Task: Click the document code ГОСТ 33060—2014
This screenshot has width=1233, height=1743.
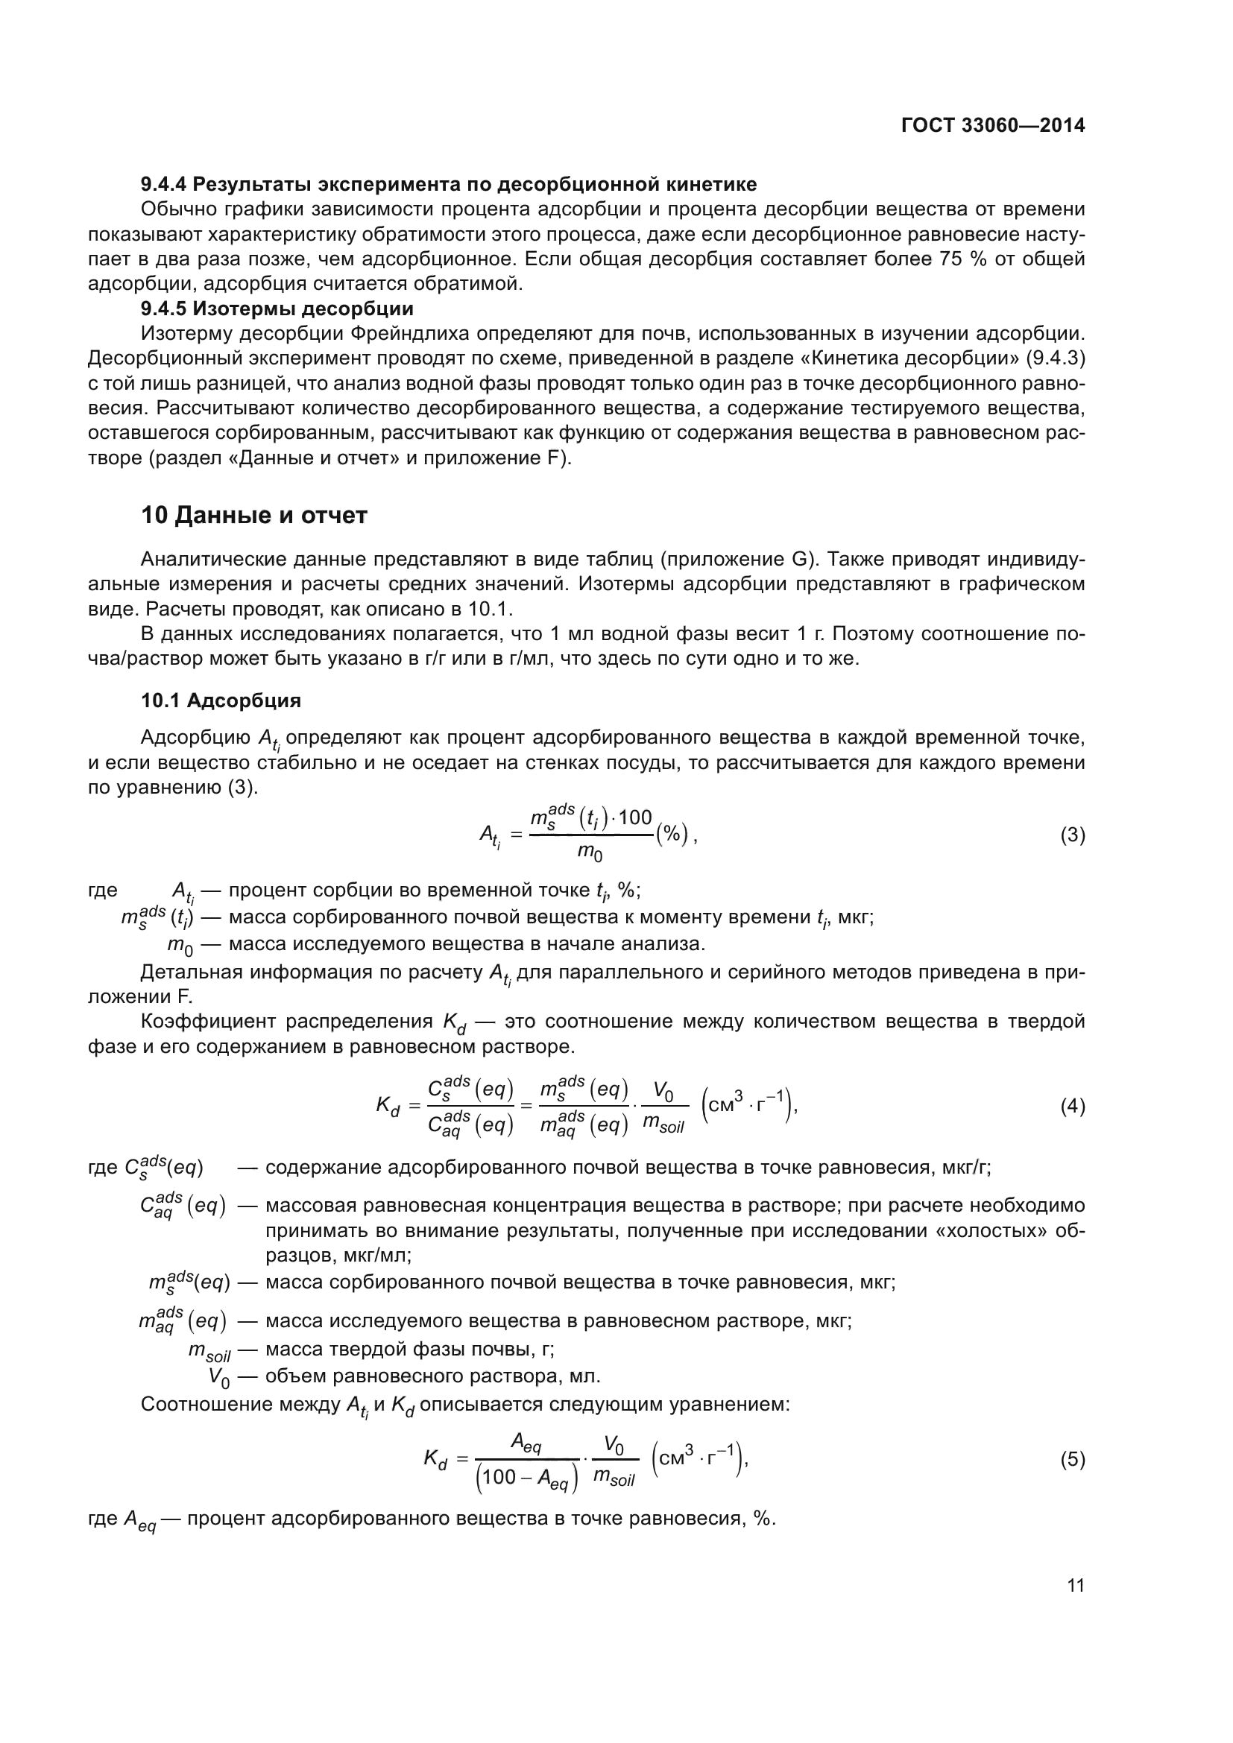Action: [992, 126]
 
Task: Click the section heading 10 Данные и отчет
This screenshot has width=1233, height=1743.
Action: [253, 516]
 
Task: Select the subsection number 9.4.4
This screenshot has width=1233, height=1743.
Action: [164, 185]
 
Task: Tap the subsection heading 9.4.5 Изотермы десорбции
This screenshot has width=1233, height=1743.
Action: [277, 309]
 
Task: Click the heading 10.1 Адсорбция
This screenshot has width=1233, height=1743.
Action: [221, 700]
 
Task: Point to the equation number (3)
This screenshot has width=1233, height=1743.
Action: [1072, 836]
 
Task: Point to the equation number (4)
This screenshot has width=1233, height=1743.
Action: [1072, 1107]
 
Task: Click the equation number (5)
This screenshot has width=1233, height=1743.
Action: [1072, 1459]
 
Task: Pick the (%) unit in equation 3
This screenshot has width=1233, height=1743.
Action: [672, 835]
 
